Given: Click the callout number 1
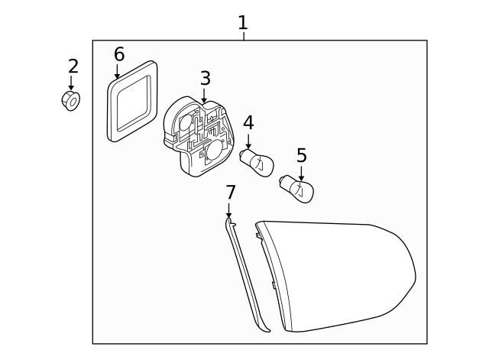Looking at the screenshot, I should click(x=242, y=22).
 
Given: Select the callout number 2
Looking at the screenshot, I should click(x=73, y=66).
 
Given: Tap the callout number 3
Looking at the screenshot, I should click(x=205, y=78).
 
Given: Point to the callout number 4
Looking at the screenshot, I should click(x=248, y=122).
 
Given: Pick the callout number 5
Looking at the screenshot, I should click(x=301, y=156).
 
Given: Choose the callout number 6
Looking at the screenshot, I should click(x=118, y=54).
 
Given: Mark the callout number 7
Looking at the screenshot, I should click(x=230, y=192).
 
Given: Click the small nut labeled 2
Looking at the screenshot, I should click(x=72, y=100).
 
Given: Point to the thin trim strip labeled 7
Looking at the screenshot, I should click(x=248, y=275).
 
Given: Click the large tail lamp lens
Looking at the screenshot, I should click(x=336, y=275).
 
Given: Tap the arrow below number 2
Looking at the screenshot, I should click(x=72, y=83).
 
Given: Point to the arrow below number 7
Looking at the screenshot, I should click(x=229, y=209).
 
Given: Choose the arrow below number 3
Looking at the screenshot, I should click(x=205, y=96).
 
